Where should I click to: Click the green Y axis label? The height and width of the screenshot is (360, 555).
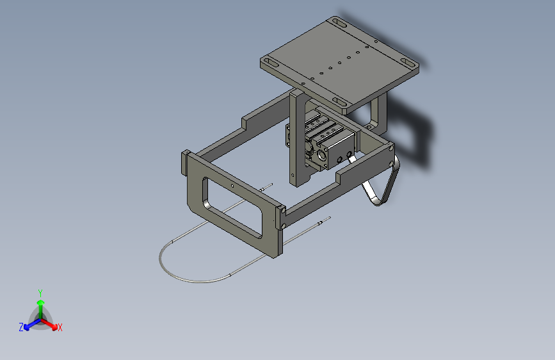pyautogui.click(x=40, y=292)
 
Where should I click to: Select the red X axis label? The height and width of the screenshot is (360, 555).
pyautogui.click(x=60, y=328)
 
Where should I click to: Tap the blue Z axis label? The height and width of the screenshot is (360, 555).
pyautogui.click(x=21, y=327)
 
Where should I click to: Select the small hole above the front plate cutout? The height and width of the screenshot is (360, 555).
pyautogui.click(x=230, y=187)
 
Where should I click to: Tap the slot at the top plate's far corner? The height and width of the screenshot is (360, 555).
pyautogui.click(x=339, y=24)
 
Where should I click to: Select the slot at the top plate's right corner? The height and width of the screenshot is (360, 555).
pyautogui.click(x=408, y=63)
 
